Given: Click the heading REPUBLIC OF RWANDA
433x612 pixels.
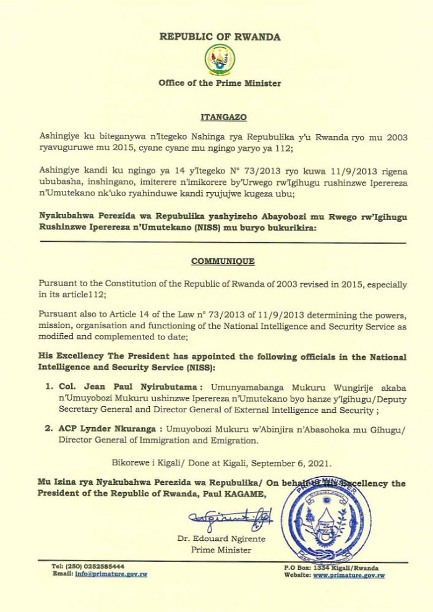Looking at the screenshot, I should coord(220,36).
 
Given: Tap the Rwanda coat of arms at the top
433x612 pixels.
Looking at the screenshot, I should coord(219,61).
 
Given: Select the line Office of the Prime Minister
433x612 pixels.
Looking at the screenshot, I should coord(220,83).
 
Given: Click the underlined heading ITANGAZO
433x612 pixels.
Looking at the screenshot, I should coord(220,116).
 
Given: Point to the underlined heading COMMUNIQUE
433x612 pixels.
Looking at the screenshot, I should coord(220,261).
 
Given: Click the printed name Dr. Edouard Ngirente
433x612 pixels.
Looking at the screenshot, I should coord(221,539).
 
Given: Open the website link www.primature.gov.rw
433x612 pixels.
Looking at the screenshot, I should coord(349,575).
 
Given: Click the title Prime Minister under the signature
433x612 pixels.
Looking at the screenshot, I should coord(221,550).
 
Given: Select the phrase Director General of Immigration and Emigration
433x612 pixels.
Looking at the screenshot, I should coord(148,441).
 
